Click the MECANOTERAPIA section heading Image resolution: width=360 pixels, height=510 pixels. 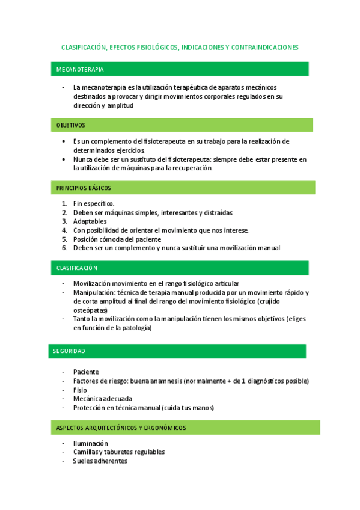point(80,70)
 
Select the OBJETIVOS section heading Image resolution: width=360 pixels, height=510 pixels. point(71,125)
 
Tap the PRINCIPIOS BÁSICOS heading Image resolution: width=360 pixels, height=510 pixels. point(84,188)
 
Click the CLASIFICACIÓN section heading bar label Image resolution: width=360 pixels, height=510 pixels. point(77,268)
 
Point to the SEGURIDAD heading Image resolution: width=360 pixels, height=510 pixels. point(69,351)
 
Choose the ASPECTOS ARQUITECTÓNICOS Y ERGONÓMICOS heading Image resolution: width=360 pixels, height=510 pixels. point(121,428)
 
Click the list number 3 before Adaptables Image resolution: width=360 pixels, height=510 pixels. point(64,221)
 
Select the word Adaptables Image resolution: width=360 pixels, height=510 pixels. point(90,221)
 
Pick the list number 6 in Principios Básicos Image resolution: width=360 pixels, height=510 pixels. point(64,248)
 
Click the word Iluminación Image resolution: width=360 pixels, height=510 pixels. point(91,443)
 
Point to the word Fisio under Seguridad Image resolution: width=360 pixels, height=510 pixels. point(80,390)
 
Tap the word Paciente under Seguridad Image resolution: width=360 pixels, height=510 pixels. point(86,372)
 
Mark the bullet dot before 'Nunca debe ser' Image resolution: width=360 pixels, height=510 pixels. point(64,159)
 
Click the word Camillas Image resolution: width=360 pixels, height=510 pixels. point(87,452)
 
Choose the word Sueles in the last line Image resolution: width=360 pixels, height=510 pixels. point(83,461)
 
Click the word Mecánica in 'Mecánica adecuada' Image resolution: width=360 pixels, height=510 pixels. point(88,398)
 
